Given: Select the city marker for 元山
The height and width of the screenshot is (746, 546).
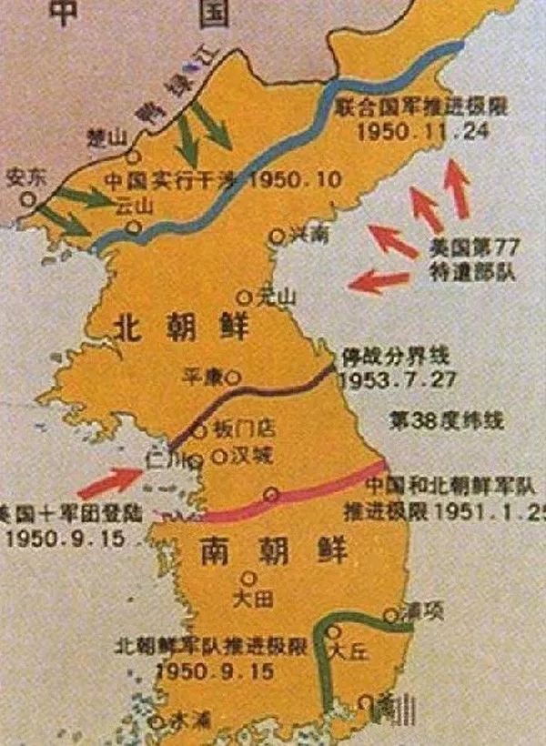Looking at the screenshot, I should [243, 297].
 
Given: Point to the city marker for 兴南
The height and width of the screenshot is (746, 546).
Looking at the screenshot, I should [278, 236].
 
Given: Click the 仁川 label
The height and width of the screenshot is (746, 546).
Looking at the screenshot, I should [161, 461].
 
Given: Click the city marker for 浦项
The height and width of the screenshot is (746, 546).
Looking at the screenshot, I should [390, 615].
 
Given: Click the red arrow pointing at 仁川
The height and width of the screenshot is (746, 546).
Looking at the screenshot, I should [109, 479].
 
